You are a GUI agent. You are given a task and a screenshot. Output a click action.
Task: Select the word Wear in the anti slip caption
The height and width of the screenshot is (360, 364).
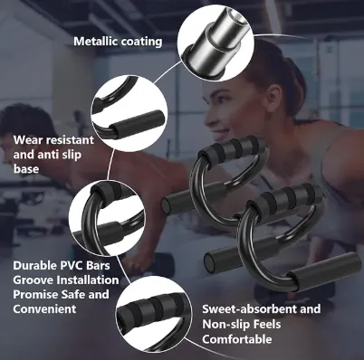(28, 140)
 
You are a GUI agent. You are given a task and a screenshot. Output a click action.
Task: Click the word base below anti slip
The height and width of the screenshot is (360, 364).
(26, 169)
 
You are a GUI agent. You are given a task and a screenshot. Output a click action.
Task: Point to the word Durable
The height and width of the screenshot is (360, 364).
(34, 265)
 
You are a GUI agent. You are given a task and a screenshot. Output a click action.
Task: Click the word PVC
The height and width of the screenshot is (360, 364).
(71, 265)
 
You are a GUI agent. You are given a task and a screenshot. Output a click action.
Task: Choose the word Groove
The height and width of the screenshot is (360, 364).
(34, 280)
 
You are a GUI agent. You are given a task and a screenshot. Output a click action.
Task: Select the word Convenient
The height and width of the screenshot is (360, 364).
(44, 308)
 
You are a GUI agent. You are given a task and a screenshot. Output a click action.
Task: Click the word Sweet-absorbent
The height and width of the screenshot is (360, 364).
(249, 309)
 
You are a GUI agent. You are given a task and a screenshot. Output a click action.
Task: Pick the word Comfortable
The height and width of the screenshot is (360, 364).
(237, 339)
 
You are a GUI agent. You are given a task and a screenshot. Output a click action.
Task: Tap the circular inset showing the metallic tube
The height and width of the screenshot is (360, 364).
(215, 44)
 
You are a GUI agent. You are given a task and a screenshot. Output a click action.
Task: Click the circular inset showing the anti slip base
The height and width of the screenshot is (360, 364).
(129, 113)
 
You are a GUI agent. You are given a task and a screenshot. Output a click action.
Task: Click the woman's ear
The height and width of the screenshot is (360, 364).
(274, 97)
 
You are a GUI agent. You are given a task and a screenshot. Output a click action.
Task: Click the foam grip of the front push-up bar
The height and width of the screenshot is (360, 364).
(283, 198)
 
